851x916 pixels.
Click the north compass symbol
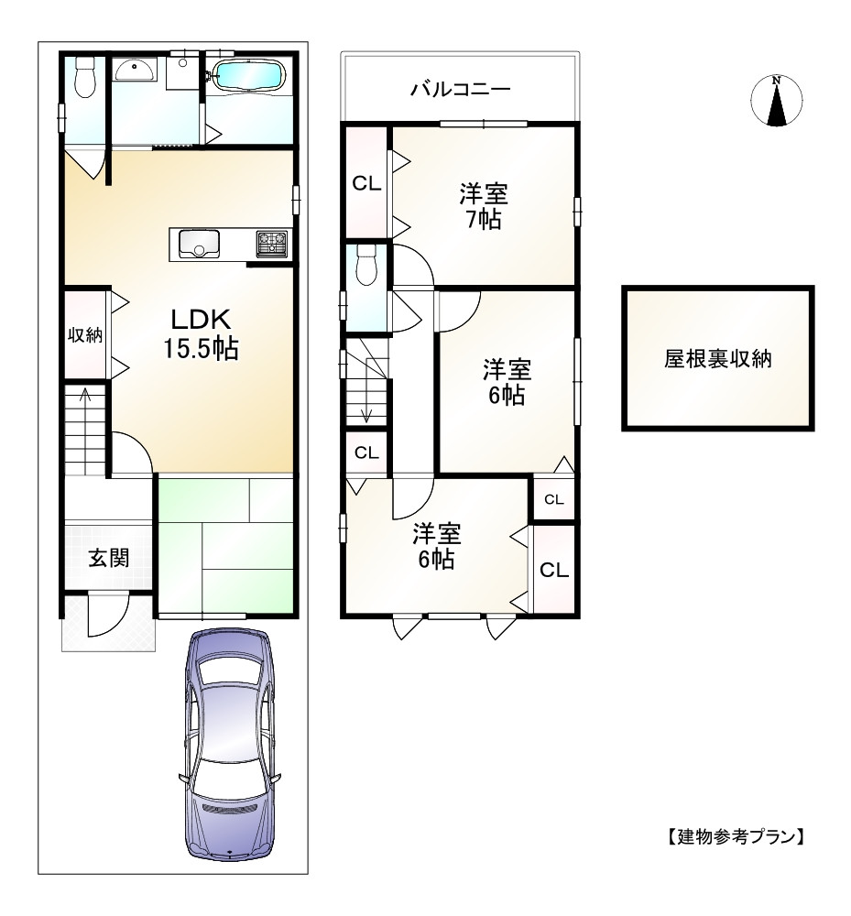[777, 100]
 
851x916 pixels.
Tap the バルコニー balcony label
[460, 89]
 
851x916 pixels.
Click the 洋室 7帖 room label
[484, 206]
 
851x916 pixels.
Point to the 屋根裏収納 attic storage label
[717, 359]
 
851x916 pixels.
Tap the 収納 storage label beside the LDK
[85, 335]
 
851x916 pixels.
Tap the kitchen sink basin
[199, 244]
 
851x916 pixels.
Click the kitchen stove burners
[272, 244]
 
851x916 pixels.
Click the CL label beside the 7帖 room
[367, 183]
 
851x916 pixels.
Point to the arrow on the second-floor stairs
[366, 403]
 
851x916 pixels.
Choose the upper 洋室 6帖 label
[506, 383]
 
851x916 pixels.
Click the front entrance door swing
[103, 615]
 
